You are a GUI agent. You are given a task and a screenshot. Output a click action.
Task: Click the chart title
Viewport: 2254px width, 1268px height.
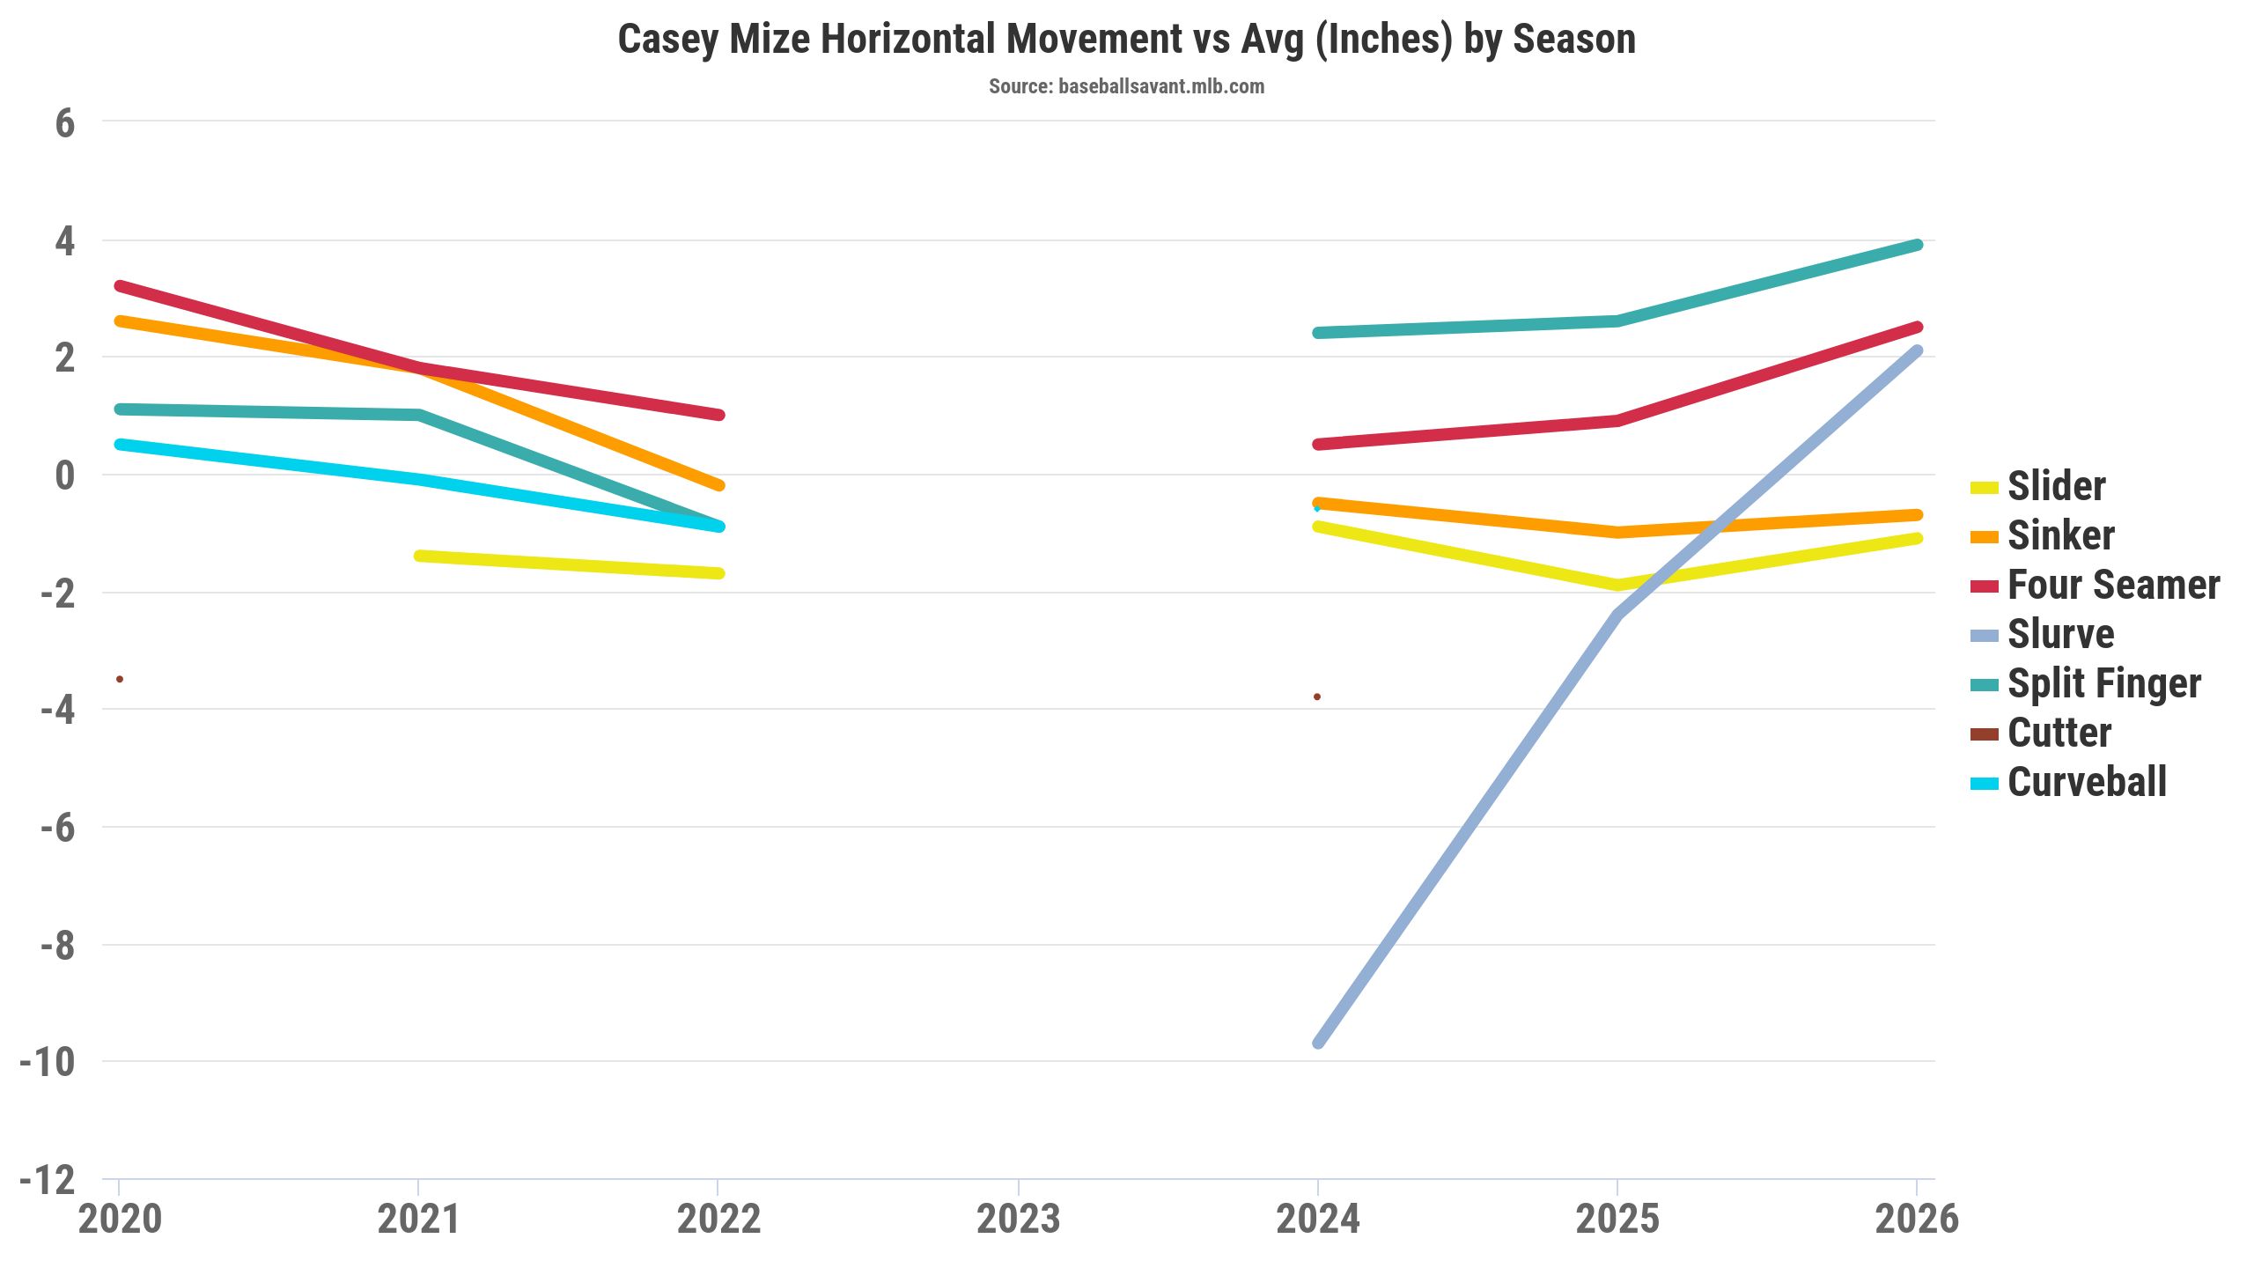[x=1126, y=40]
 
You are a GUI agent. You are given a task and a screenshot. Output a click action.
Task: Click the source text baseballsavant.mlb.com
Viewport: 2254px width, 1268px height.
[x=1126, y=86]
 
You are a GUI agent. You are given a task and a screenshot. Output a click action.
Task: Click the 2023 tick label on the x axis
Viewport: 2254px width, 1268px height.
[x=1018, y=1220]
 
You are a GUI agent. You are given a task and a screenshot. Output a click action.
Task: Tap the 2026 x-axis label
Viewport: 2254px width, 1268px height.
[x=1917, y=1220]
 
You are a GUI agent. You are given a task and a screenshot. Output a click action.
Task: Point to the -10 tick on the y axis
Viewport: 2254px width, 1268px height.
[x=48, y=1063]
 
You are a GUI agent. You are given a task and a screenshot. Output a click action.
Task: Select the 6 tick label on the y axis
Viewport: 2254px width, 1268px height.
[x=64, y=123]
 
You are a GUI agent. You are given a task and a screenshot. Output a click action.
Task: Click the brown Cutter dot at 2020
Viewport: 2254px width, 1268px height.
[x=120, y=679]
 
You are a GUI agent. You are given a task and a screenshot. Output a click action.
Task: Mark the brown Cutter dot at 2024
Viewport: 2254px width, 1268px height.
[x=1317, y=697]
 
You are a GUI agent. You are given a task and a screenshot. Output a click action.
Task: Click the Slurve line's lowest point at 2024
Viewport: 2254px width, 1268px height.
[x=1318, y=1043]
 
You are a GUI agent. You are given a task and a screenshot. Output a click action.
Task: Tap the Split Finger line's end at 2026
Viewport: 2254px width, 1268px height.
[x=1917, y=245]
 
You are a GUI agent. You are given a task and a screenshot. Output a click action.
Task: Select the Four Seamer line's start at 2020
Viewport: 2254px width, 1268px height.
[x=120, y=286]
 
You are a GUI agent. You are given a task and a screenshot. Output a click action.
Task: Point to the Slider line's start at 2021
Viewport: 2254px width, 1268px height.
[x=419, y=556]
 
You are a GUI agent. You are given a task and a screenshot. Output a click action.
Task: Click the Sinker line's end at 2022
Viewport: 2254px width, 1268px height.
[x=718, y=485]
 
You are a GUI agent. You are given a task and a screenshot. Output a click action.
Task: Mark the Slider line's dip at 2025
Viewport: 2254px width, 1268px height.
[x=1617, y=585]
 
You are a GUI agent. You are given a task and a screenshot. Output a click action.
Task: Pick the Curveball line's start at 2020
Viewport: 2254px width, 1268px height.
[x=120, y=445]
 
